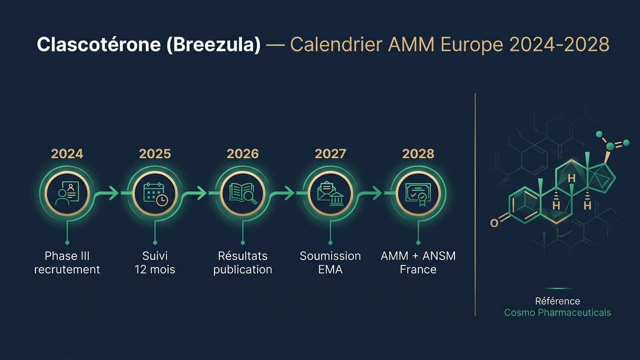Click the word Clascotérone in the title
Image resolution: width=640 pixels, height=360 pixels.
98,44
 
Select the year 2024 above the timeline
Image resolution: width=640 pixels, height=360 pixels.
67,153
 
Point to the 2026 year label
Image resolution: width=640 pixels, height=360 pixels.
242,153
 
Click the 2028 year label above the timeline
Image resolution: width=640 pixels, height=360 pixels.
418,153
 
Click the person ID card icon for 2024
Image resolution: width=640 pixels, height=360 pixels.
67,193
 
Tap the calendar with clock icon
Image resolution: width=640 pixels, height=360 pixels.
155,193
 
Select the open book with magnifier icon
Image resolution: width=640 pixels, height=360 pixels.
242,193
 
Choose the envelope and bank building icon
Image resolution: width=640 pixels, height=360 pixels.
330,193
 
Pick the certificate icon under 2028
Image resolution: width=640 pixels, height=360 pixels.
418,193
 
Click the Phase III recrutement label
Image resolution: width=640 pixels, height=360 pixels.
67,262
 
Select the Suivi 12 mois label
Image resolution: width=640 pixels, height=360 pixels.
155,262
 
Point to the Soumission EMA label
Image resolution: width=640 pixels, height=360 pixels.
330,262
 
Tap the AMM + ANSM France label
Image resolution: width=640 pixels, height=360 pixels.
418,262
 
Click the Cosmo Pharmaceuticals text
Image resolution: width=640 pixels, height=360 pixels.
557,312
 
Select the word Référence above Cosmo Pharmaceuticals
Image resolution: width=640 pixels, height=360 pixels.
557,301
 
